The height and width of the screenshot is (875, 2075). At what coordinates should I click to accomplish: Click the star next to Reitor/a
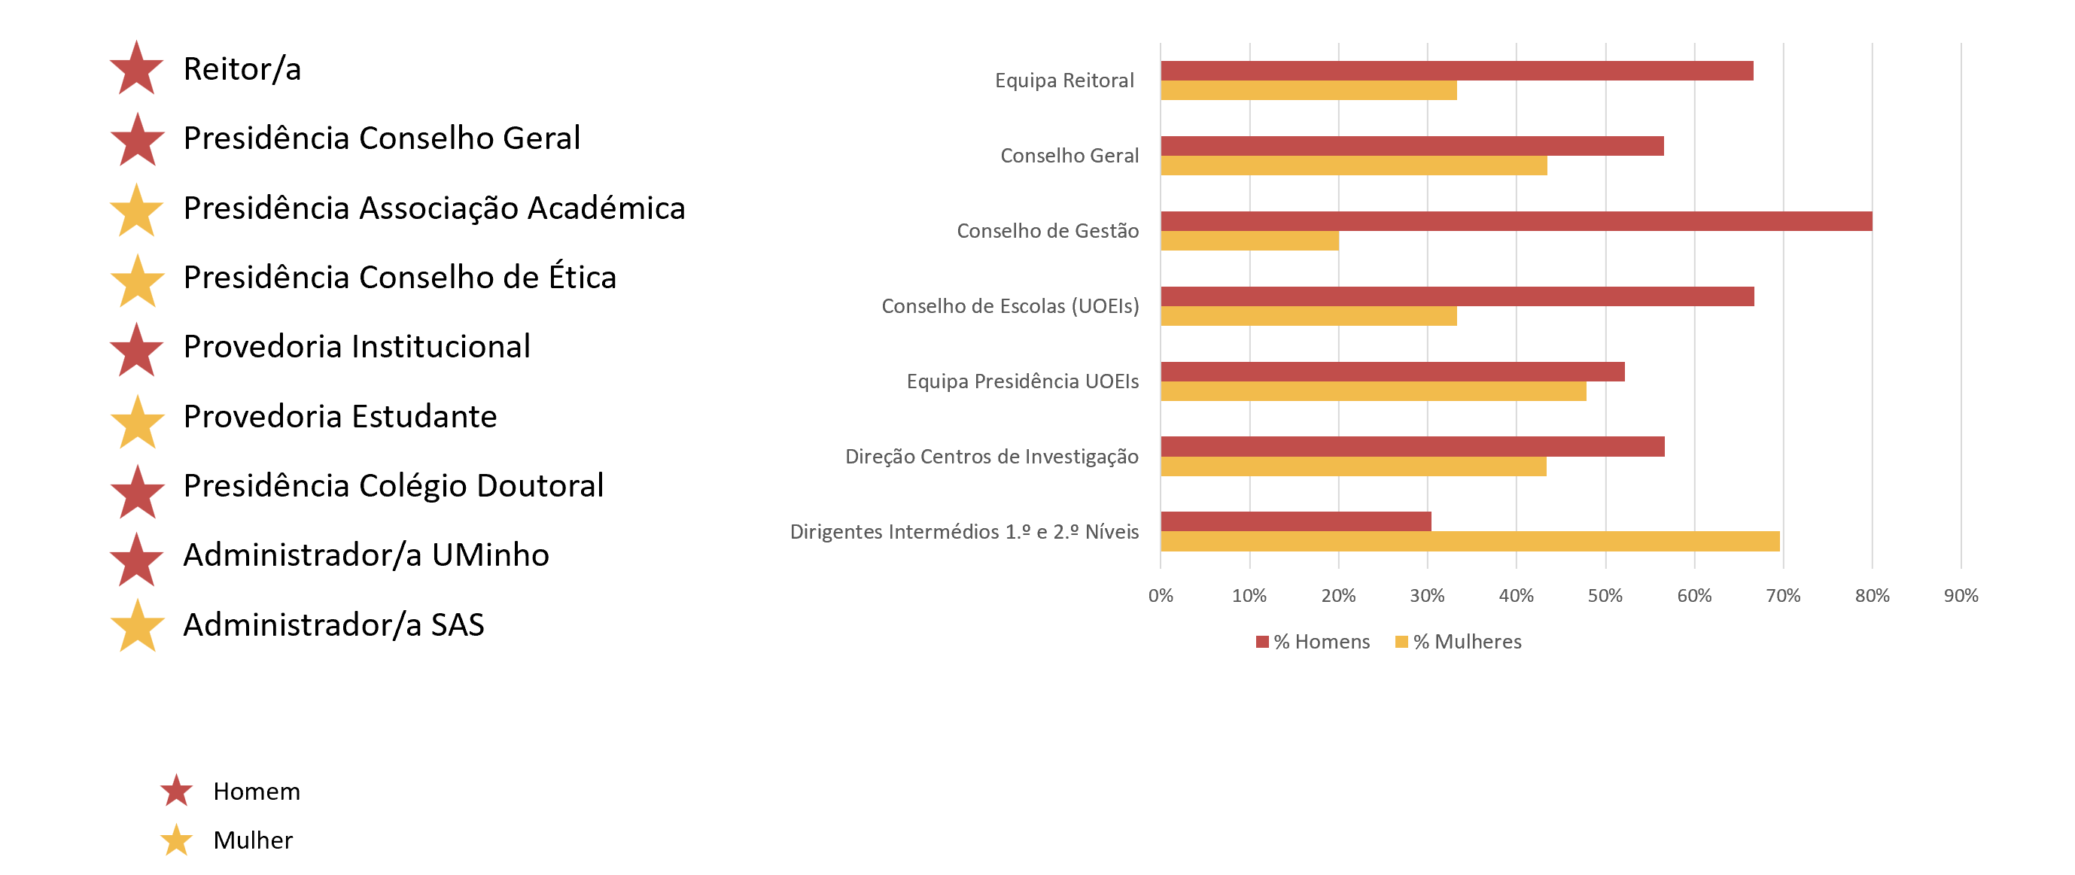point(136,70)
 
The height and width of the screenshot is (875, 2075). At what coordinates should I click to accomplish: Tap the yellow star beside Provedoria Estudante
point(137,424)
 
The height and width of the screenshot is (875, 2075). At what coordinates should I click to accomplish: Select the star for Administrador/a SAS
point(137,627)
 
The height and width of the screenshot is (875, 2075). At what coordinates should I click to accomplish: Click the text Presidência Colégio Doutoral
point(393,485)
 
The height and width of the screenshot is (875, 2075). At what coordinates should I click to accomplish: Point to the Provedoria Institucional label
point(356,346)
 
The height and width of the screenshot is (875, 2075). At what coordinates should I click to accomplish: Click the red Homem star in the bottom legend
point(175,791)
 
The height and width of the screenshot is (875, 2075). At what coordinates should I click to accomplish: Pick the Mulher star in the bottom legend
point(175,840)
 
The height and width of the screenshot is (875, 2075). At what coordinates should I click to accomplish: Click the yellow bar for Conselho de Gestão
point(1249,241)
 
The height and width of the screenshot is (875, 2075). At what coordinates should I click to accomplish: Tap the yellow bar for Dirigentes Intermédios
point(1469,542)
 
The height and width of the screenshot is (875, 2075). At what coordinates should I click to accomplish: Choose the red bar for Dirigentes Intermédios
point(1295,521)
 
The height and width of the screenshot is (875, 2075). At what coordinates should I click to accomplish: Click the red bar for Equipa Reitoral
point(1456,71)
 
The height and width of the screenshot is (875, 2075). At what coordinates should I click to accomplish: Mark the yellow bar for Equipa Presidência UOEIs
point(1373,391)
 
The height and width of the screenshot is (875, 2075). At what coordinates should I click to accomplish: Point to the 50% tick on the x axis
point(1605,596)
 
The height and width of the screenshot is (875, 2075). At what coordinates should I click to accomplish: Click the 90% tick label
point(1961,596)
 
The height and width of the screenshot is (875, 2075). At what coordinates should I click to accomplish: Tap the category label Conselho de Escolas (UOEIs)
point(1009,306)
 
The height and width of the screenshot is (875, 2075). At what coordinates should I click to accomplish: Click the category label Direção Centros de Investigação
point(990,457)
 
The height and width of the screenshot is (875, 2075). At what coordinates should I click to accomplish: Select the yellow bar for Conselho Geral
point(1353,166)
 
